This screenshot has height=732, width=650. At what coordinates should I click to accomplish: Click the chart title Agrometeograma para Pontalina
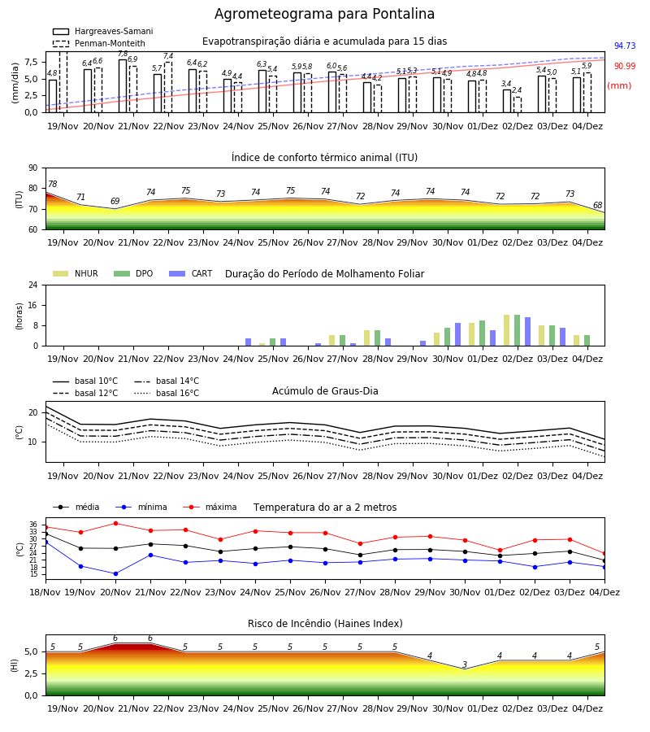coord(324,14)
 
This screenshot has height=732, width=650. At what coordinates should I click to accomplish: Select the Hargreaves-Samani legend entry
coord(103,31)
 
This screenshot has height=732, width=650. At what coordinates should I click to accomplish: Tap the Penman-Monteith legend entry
coord(99,43)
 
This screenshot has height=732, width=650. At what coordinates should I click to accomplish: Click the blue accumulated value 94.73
coord(625,46)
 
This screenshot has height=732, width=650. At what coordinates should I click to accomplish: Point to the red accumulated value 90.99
coord(625,67)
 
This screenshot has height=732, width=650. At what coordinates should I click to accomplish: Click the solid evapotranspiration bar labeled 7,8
coord(123,86)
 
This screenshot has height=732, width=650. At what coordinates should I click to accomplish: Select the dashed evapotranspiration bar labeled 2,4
coord(518,105)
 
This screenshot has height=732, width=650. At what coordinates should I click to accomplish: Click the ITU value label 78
coord(52,184)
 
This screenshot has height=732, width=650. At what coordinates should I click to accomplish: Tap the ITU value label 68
coord(597,205)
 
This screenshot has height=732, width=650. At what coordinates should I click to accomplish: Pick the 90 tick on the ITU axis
coord(33,168)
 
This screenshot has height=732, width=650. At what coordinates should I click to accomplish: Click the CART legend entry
coord(191,273)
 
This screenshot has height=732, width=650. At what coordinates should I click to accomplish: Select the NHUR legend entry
coord(76,273)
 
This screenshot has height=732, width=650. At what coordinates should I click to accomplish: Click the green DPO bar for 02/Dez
coord(517,330)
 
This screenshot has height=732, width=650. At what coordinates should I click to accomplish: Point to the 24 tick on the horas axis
coord(33,285)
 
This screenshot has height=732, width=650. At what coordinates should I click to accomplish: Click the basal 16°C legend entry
coord(167,393)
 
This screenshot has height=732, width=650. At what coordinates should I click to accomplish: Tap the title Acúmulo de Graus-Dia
coord(325,391)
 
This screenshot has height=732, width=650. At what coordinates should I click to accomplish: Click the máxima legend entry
coord(210,507)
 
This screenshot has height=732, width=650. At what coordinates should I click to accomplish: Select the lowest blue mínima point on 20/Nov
coord(115,573)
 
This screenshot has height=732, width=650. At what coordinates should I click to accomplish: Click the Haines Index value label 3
coord(465,664)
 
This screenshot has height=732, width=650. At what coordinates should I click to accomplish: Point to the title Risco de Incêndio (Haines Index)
coord(325,624)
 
